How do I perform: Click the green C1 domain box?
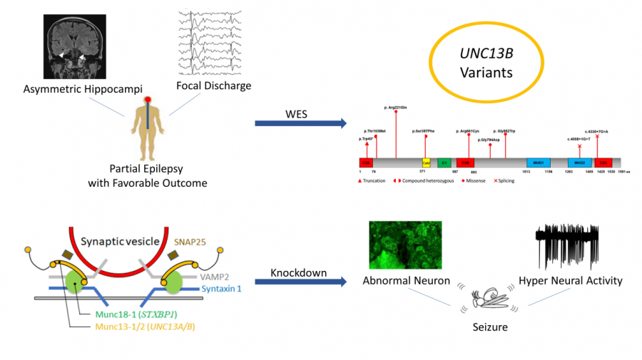[444, 163]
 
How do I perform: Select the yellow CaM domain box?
[426, 163]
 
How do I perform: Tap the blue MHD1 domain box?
[538, 163]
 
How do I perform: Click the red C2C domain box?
[603, 163]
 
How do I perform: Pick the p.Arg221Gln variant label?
[395, 107]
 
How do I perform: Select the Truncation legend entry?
[371, 181]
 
